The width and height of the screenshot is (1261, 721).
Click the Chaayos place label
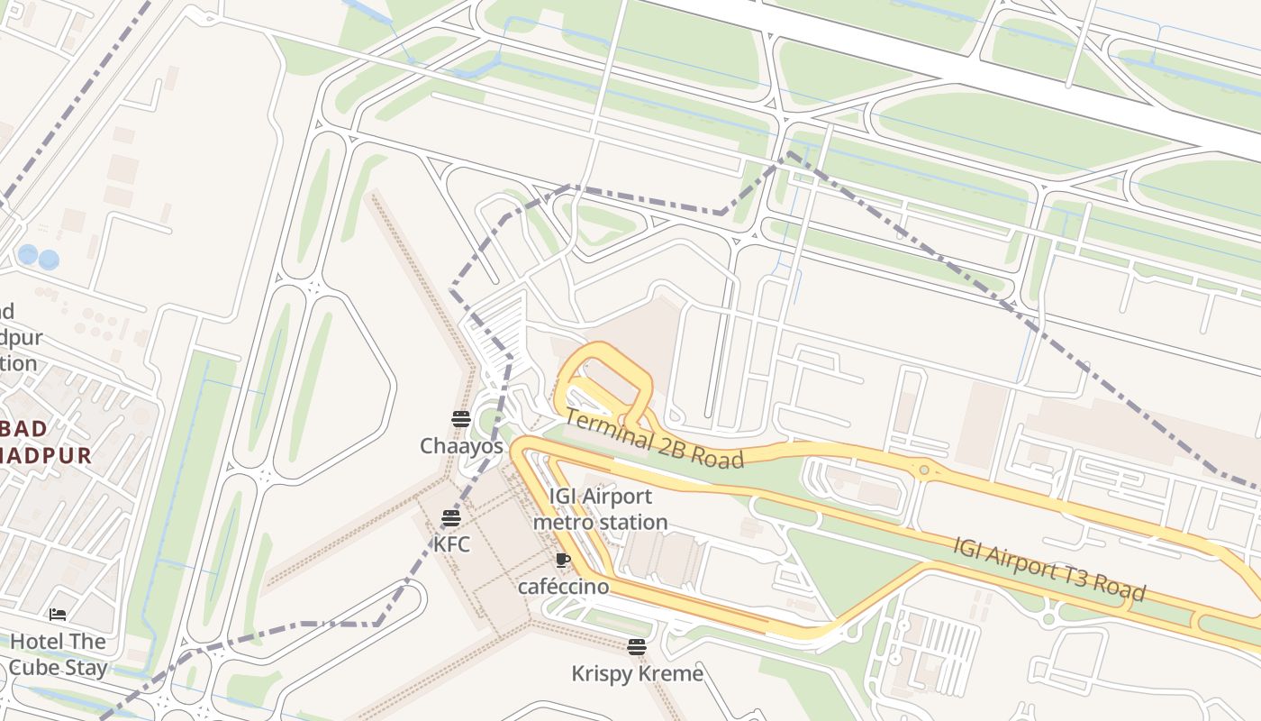[x=461, y=446]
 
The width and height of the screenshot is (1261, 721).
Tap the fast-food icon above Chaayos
[x=461, y=418]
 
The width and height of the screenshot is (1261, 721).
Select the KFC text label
[x=451, y=544]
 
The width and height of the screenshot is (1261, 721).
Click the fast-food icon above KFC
[x=451, y=517]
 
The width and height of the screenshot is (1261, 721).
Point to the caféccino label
[x=563, y=587]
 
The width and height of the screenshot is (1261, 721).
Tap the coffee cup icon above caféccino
[x=563, y=560]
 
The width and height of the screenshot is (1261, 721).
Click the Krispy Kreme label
[x=637, y=673]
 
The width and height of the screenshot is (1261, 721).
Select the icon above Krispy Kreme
[x=637, y=646]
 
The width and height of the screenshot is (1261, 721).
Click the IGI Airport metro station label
[x=600, y=509]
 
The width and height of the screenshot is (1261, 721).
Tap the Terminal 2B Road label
[x=654, y=439]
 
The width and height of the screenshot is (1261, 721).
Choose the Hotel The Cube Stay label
[x=58, y=655]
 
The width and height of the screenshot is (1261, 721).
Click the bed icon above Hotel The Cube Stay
[x=58, y=615]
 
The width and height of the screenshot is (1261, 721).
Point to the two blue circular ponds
[x=39, y=257]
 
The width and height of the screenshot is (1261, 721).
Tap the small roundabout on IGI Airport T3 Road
[x=924, y=470]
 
